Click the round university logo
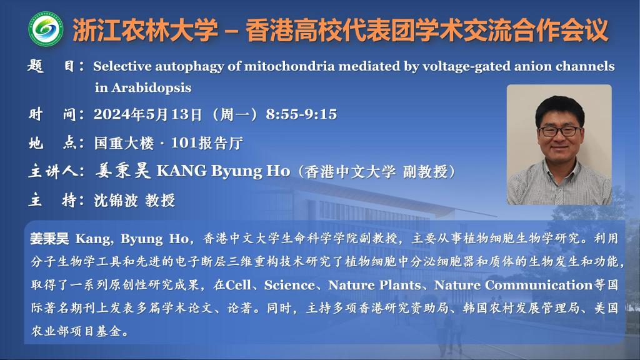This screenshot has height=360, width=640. (x=46, y=29)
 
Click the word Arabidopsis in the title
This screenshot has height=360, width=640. (x=151, y=87)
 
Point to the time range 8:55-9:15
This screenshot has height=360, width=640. (x=301, y=114)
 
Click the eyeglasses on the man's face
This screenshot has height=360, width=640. (x=559, y=131)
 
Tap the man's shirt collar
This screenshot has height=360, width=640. (x=559, y=170)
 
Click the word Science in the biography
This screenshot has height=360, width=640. (x=289, y=285)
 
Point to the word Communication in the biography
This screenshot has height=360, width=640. (x=539, y=285)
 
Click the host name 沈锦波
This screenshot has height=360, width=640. (x=116, y=201)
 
